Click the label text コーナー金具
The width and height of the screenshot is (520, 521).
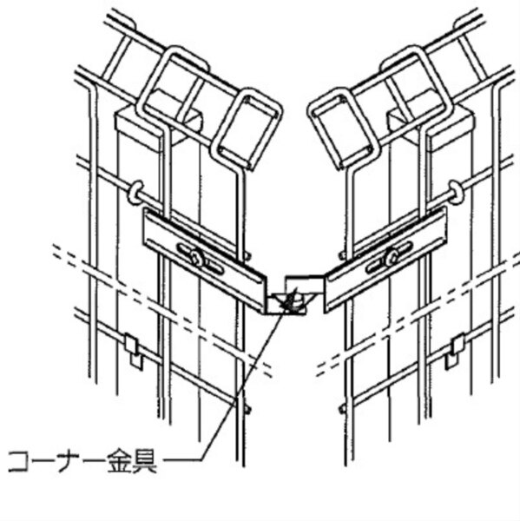(82, 461)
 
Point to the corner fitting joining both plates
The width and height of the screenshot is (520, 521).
(294, 295)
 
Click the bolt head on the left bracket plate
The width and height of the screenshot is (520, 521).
(197, 257)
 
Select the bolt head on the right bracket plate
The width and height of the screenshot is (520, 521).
(392, 257)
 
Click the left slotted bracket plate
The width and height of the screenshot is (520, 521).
(205, 260)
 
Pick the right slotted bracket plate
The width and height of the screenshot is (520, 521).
(385, 259)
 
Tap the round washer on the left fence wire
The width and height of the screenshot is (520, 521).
(135, 192)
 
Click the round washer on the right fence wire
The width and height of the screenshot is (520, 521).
(456, 192)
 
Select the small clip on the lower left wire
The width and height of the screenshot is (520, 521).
(133, 351)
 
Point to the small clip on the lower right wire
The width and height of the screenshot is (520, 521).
(455, 351)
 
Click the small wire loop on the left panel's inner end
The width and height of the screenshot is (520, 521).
(247, 129)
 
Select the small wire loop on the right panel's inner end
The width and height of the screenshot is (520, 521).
(344, 129)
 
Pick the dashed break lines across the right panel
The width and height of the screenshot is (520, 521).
(418, 314)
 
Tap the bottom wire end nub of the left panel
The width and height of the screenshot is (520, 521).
(247, 409)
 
